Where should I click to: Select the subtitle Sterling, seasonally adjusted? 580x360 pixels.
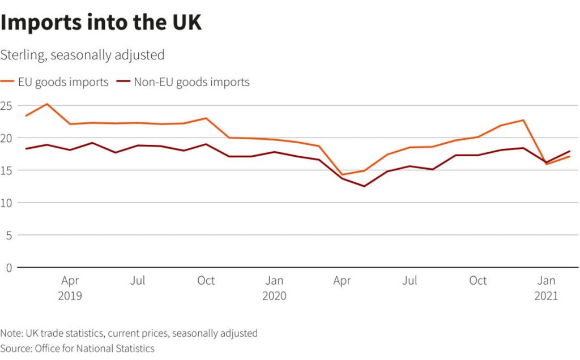pos(83,55)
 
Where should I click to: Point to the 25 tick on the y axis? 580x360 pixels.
pos(6,105)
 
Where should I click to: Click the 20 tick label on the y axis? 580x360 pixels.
pos(6,138)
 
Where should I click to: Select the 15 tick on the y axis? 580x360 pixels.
pos(6,170)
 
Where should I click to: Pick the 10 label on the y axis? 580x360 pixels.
pos(6,203)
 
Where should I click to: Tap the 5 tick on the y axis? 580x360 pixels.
pos(8,235)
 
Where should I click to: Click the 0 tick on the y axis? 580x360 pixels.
pos(8,267)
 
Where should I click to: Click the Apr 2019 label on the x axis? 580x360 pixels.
pos(70,288)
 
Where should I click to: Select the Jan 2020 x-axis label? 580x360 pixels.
pos(275,288)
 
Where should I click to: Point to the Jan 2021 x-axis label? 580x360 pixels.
pos(547,288)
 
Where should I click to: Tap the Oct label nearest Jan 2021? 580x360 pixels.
pos(478,281)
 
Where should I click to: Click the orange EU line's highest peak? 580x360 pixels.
pos(47,104)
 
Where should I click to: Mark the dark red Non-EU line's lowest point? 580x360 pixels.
pos(364,186)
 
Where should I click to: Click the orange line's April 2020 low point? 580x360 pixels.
pos(342,174)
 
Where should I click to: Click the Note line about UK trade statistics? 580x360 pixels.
pos(129,333)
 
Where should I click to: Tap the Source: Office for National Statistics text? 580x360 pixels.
pos(78,348)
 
